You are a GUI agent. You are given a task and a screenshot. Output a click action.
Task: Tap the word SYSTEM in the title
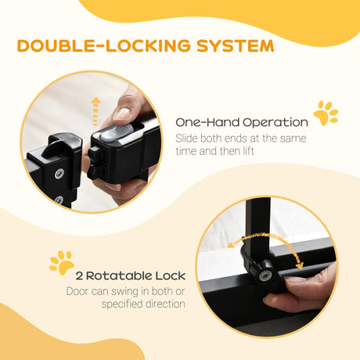[x=236, y=45]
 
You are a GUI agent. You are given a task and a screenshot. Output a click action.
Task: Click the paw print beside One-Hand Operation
[x=326, y=113]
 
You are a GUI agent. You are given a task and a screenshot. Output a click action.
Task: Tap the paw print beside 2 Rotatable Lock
[x=61, y=263]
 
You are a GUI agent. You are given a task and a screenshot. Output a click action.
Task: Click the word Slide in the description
[x=188, y=139]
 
